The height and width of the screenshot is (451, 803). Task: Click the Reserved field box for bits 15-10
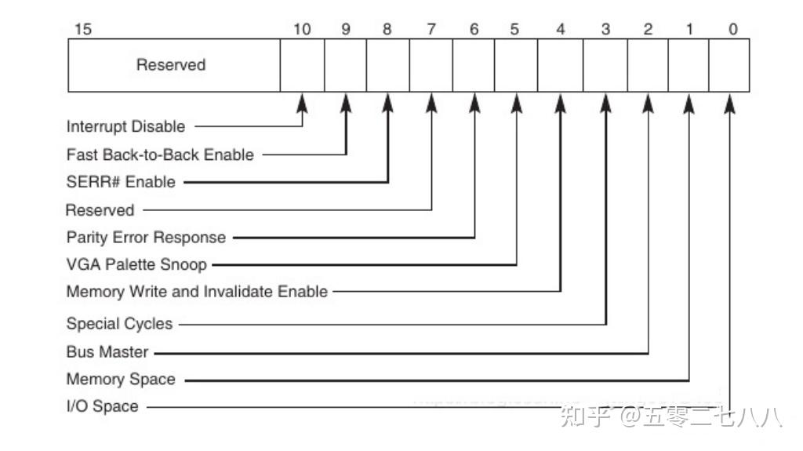pos(173,65)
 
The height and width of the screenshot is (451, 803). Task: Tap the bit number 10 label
pos(302,30)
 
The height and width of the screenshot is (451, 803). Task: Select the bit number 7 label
pos(431,30)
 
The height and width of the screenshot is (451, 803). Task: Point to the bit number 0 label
pos(732,30)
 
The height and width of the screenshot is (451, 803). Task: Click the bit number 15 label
pos(82,30)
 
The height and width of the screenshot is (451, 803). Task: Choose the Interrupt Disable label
pos(125,126)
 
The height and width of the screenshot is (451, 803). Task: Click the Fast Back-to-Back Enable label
pos(160,155)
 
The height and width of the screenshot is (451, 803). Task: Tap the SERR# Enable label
pos(121,182)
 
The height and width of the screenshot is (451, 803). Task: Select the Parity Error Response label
pos(146,237)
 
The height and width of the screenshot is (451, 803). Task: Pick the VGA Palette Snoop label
pos(136,264)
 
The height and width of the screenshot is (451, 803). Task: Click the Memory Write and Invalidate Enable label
pos(197,292)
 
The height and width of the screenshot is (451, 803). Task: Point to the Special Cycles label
pos(119,323)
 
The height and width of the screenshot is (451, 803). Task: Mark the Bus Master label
pos(107,352)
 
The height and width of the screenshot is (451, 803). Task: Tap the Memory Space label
pos(121,380)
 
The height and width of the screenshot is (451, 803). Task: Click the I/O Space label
pos(103,407)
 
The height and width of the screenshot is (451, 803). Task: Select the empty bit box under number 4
pos(560,65)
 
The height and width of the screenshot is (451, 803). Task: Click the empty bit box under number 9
pos(345,65)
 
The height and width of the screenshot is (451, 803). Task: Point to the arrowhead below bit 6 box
pos(474,104)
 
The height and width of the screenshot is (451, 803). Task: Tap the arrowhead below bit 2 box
pos(648,104)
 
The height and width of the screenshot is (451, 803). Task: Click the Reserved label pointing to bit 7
pos(100,210)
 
